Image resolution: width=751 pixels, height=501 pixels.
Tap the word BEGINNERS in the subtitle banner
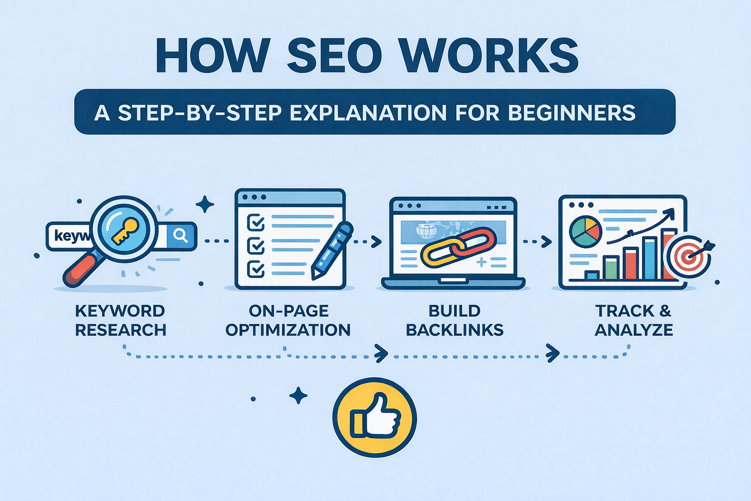[572, 113]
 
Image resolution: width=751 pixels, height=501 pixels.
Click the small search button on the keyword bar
[180, 236]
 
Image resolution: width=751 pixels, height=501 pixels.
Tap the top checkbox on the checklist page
[256, 223]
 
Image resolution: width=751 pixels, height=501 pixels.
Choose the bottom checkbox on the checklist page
[256, 268]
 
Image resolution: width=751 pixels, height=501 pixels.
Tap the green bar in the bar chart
[611, 267]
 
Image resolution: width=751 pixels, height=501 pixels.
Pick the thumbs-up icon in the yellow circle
[375, 417]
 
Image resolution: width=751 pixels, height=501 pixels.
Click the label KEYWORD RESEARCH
[120, 320]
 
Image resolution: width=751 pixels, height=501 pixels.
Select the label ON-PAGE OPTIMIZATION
[288, 320]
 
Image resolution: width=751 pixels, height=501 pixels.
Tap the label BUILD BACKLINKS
[455, 320]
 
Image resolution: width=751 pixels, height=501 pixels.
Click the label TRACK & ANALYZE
[634, 320]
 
